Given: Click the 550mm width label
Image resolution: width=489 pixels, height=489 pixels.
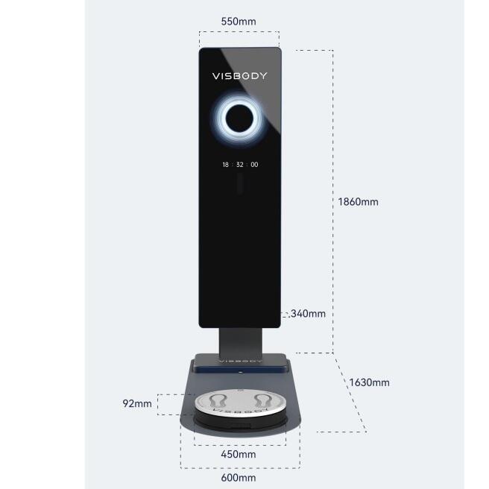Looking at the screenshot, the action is coord(239,22).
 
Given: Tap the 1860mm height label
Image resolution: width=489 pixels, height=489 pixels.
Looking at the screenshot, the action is coord(358,202).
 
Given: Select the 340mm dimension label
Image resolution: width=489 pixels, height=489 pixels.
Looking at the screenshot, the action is coord(308,313).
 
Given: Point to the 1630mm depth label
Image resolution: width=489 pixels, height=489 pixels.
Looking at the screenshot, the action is coord(369,382).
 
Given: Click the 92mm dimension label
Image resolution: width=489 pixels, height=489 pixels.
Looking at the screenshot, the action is coord(137,403).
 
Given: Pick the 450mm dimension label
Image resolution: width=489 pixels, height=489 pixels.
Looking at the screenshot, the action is coord(239,454).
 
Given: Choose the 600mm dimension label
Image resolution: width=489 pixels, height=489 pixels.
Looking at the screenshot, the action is coord(239,478).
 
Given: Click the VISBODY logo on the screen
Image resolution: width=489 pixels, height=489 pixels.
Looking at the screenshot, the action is coord(239,76).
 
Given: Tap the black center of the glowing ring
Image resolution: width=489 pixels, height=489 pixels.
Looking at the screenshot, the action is coord(240,119).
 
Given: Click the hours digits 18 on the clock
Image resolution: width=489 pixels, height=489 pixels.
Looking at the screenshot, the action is coord(225,164).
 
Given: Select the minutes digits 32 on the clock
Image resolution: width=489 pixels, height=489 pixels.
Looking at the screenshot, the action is coord(240,164).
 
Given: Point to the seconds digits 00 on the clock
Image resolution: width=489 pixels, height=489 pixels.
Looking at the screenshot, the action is coord(254,164).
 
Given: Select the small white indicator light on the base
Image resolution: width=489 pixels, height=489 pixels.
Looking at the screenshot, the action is coord(241,372).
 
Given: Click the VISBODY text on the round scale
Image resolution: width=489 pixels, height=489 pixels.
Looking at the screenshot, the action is coord(240,411).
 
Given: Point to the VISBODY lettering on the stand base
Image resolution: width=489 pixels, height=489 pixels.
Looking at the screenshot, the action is coord(241,361).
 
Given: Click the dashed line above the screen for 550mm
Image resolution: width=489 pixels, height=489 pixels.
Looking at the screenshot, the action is coord(239,31).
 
